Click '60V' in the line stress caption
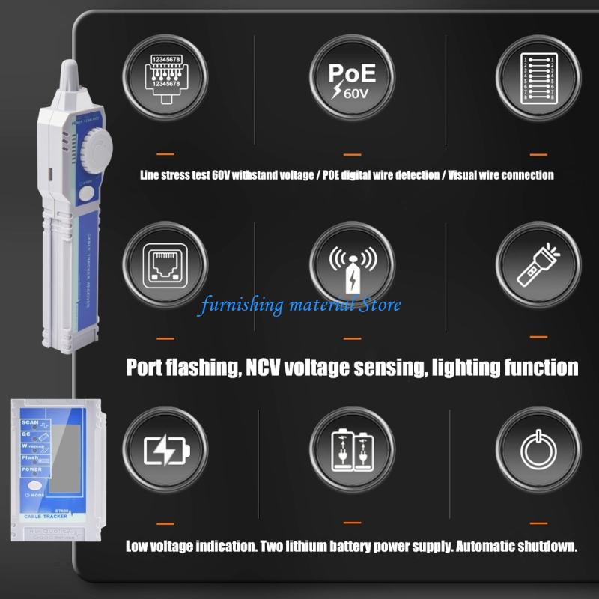(223, 176)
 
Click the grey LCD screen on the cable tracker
(65, 457)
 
